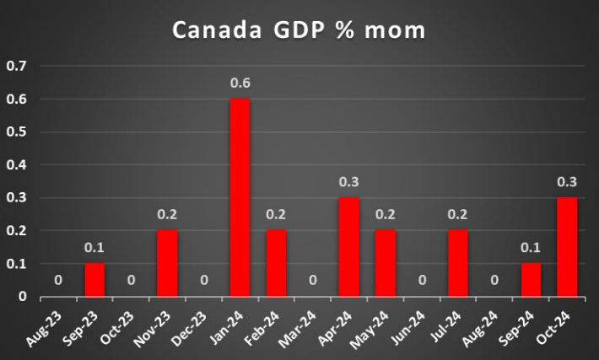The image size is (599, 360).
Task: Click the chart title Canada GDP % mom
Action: (x=299, y=30)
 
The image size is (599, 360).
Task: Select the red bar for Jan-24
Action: (x=240, y=198)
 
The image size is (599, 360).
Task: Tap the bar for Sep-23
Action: (x=94, y=280)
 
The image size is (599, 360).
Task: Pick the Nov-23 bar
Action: (x=167, y=264)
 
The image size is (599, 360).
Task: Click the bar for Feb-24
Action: (x=276, y=264)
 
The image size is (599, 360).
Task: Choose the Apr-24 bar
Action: (x=348, y=247)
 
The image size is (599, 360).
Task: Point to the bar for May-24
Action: (x=385, y=264)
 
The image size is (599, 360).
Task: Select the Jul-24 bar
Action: (x=458, y=264)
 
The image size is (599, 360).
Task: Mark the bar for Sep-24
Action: (x=531, y=280)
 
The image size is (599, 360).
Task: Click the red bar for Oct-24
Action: (x=567, y=247)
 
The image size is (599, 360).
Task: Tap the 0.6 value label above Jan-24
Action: (x=240, y=83)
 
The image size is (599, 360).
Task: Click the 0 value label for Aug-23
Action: (x=58, y=282)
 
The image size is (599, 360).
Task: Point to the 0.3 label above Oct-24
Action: (x=567, y=182)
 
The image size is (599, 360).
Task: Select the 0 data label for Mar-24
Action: (x=312, y=282)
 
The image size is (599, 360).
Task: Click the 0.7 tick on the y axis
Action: (x=17, y=66)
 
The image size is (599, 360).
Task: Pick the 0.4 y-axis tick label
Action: (x=17, y=165)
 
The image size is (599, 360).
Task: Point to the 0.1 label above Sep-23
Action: (x=94, y=248)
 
